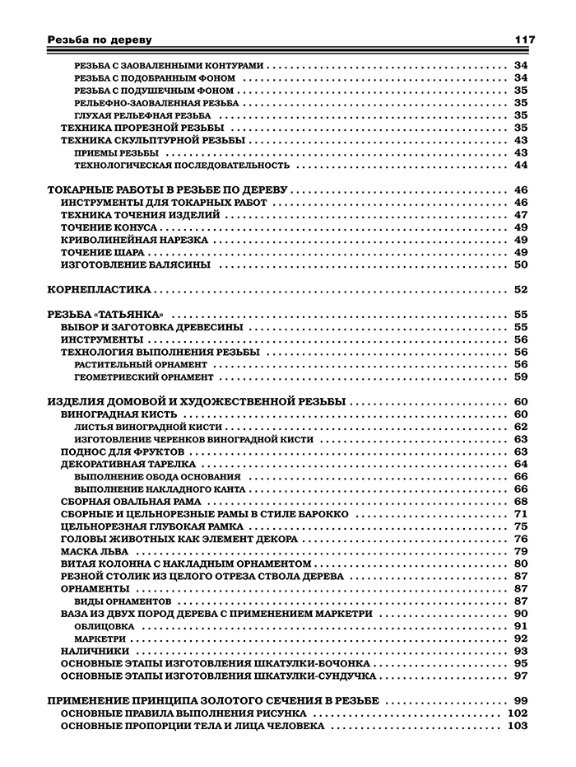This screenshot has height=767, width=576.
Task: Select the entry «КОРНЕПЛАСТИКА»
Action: (x=100, y=289)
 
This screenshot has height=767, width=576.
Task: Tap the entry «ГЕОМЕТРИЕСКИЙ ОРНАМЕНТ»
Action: (x=143, y=376)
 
